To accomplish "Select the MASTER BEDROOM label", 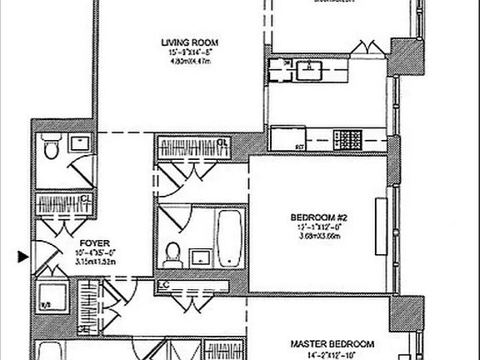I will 332,343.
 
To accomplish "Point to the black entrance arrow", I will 22,257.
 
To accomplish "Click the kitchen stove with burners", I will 347,136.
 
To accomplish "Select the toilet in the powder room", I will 51,149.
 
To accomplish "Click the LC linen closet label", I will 162,287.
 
